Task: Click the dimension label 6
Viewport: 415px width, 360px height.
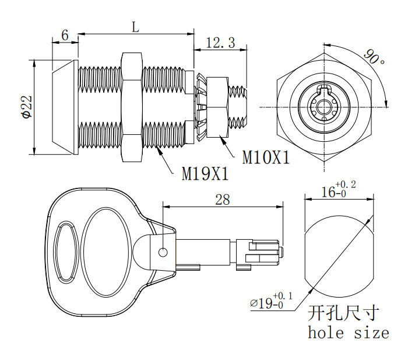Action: [65, 36]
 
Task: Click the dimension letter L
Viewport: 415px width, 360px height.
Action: [135, 27]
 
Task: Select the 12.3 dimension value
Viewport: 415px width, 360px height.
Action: [221, 43]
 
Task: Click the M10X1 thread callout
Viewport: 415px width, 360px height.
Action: [266, 158]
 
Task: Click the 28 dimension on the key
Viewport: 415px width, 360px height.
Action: [222, 200]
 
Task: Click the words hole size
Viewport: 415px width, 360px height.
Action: [348, 333]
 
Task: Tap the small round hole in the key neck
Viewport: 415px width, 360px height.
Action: [163, 252]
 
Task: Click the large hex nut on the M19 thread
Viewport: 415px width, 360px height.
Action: [131, 107]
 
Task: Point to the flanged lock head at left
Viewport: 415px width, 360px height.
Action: [65, 107]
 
